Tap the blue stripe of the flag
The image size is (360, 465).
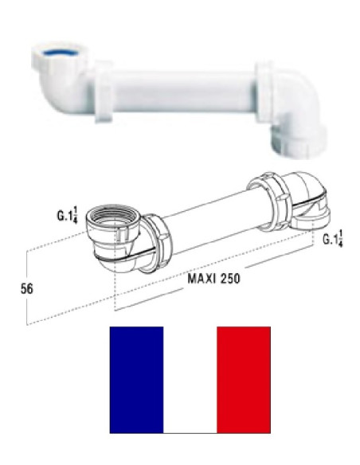coord(136,380)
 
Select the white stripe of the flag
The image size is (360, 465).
coord(190,380)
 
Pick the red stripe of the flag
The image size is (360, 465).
coord(244,380)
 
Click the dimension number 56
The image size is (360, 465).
coord(27,288)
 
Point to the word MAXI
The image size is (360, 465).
coord(202,279)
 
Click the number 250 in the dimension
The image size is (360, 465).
coord(229,279)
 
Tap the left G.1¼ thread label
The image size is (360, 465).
coord(68,216)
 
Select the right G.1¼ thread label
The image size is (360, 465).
coord(333,240)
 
